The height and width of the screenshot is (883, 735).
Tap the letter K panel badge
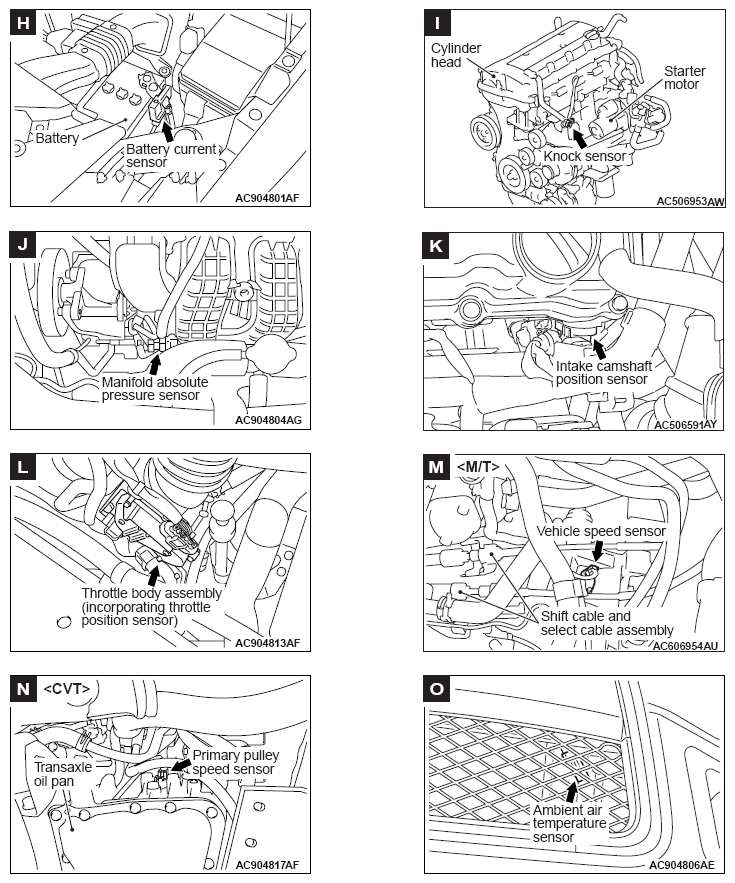(435, 246)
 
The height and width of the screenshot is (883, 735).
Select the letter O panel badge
(435, 689)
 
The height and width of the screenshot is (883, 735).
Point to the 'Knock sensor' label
(584, 157)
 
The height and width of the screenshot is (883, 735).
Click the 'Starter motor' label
(684, 78)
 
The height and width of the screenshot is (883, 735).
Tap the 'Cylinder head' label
(455, 56)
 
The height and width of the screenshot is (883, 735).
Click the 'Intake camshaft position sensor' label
(603, 373)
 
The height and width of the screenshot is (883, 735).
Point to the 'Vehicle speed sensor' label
(601, 531)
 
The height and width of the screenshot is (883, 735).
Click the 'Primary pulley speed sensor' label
(236, 763)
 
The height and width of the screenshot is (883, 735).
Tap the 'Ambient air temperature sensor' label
(569, 823)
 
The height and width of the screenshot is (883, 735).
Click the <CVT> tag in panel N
(67, 688)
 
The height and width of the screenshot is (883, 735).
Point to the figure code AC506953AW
(690, 201)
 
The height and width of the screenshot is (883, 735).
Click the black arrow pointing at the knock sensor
(578, 137)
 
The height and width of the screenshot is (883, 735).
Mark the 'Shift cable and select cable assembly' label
(606, 623)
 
